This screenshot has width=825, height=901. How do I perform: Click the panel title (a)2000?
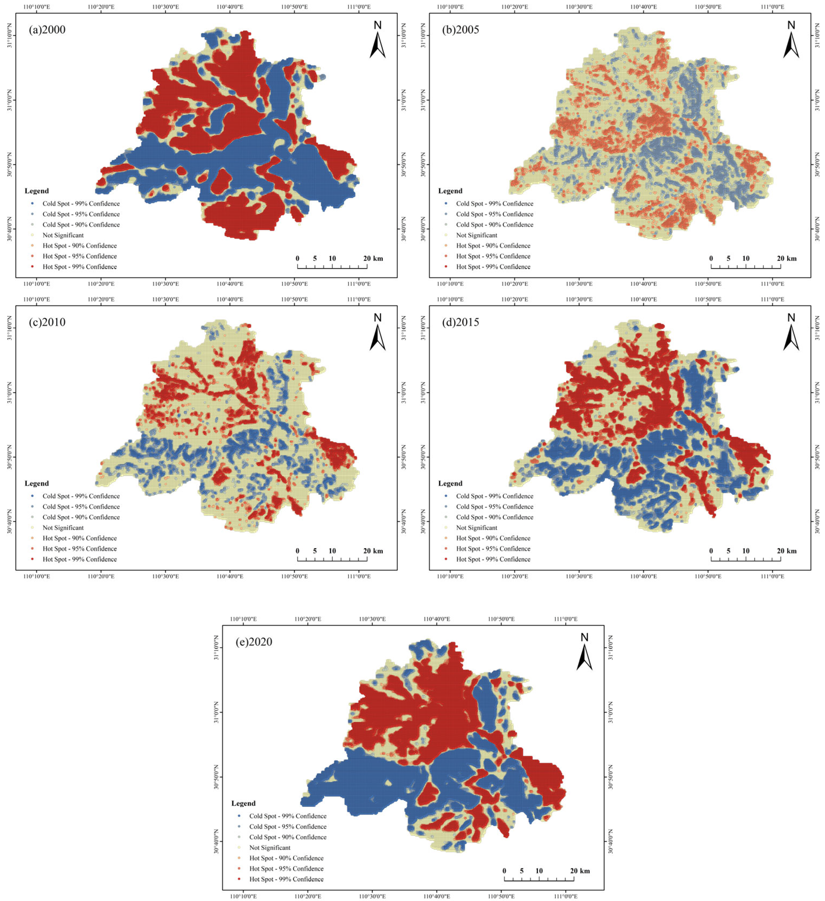point(47,30)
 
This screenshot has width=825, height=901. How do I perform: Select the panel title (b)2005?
point(460,30)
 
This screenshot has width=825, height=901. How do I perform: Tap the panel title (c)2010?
point(47,322)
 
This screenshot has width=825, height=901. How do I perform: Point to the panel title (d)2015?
point(460,322)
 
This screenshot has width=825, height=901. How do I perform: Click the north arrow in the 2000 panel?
point(378,40)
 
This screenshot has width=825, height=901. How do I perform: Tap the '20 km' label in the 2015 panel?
point(787,551)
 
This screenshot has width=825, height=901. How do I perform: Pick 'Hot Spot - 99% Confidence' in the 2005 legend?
point(493,267)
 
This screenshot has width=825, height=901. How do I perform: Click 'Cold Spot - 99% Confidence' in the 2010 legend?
point(81,496)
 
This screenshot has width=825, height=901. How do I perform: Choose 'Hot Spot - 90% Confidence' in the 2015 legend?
point(493,538)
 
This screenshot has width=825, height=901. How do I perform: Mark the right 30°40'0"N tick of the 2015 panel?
point(817,522)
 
